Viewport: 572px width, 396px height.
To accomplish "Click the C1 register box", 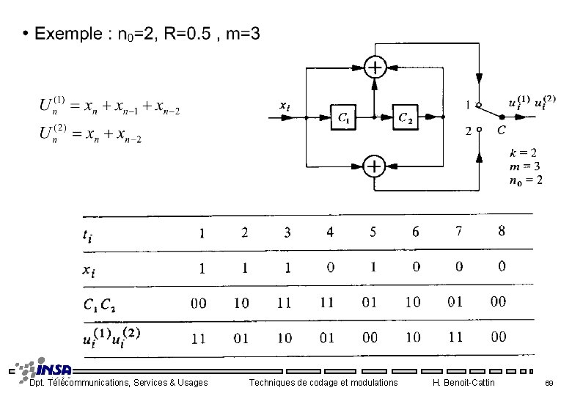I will click(345, 117).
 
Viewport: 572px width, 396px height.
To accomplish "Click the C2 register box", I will click(405, 117).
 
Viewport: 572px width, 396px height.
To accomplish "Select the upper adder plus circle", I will click(375, 68).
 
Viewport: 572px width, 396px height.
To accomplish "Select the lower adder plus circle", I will click(375, 166).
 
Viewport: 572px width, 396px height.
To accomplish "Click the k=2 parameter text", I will click(523, 153).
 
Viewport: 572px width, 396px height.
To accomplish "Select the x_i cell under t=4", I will click(330, 267).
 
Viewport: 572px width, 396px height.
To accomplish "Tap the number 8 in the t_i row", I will click(502, 232).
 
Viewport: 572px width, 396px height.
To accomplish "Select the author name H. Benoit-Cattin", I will click(464, 383).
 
